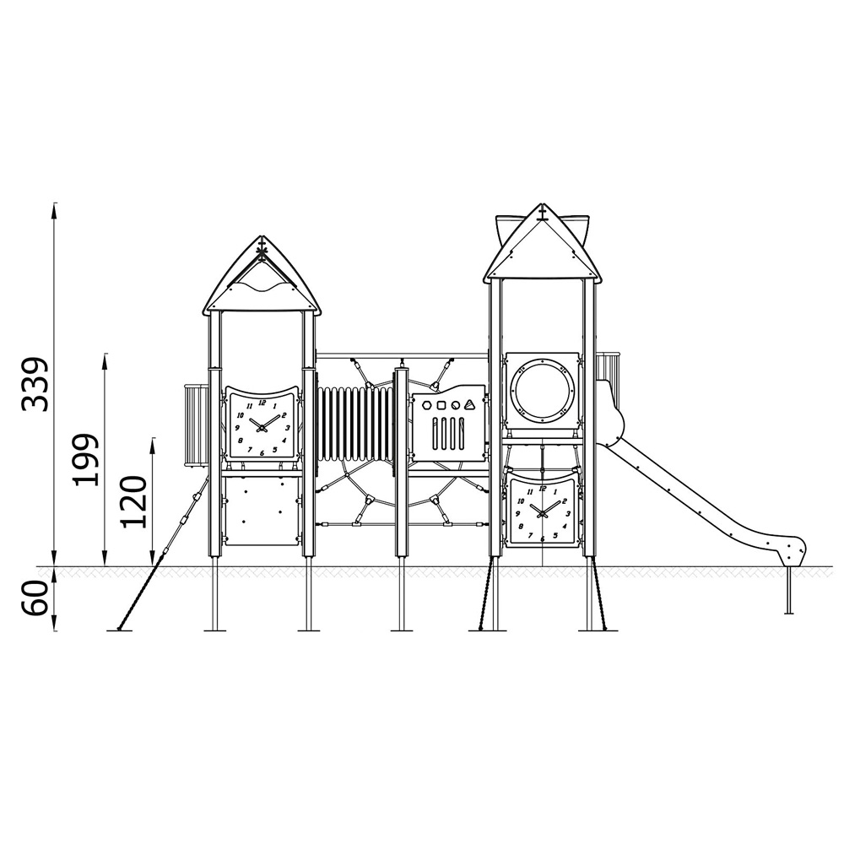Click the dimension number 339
click(35, 383)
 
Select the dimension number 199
click(87, 459)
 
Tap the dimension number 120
click(133, 501)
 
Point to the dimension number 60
click(35, 599)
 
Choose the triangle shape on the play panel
click(470, 405)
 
